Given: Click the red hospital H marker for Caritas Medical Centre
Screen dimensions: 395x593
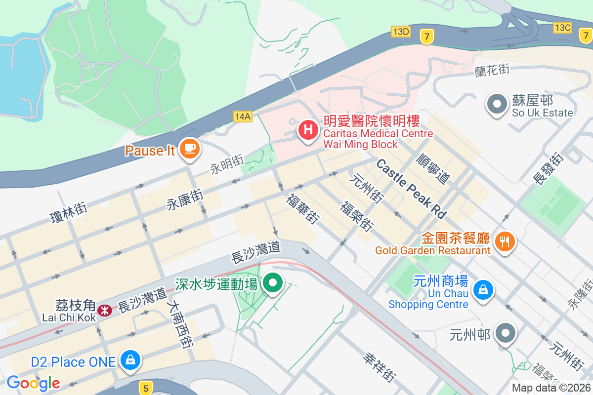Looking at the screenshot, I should pos(308,130).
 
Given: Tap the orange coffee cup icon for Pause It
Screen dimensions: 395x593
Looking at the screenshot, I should pos(189,148).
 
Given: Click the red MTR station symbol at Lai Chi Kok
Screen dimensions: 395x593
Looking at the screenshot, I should pos(104,310).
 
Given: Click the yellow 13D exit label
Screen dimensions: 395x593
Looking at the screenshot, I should pos(400,32).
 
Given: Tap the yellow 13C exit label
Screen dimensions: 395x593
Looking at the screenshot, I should pos(562,28).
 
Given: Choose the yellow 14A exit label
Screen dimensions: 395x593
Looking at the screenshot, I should pos(243,117).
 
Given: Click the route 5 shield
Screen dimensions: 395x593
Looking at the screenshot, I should pos(145,389).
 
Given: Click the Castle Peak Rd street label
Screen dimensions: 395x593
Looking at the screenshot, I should pos(411,189).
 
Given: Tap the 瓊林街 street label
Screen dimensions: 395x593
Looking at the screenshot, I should pos(69,213).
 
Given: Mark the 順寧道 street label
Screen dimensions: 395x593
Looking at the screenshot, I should pos(433,168).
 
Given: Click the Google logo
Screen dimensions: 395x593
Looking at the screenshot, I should pos(33,383).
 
